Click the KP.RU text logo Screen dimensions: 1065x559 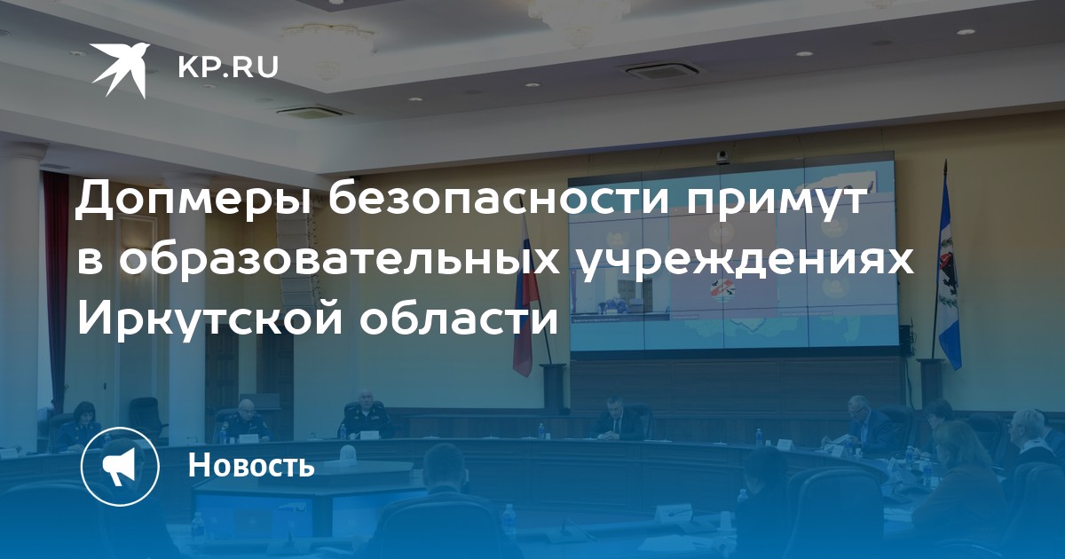pos(228,67)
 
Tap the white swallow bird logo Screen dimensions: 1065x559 pos(121,69)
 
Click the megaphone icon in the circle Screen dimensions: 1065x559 pos(120,467)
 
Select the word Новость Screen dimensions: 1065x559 pos(251,465)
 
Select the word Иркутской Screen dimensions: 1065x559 pos(209,318)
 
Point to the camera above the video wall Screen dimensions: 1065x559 pos(722,158)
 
